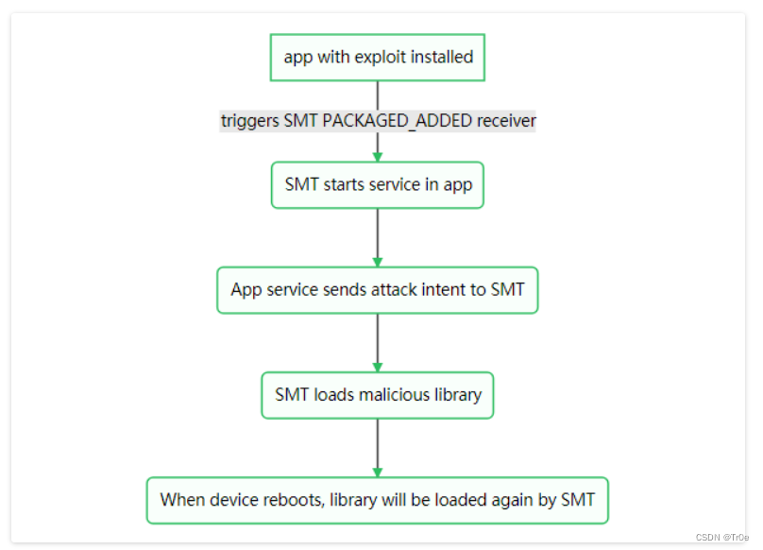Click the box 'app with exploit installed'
(378, 57)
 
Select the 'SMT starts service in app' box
(378, 184)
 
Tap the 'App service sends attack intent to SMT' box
(378, 290)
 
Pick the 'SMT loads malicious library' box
(378, 395)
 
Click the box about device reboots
(378, 500)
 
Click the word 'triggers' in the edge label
(250, 121)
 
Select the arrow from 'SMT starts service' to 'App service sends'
(378, 236)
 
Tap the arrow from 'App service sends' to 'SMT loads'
(378, 342)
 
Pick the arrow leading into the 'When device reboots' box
(378, 447)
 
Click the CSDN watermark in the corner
(721, 537)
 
